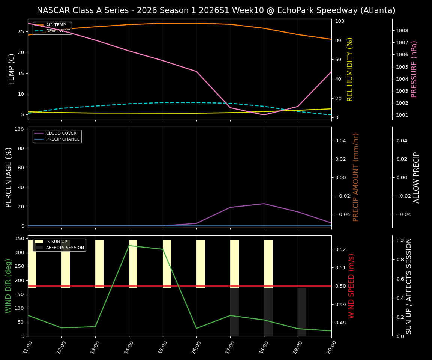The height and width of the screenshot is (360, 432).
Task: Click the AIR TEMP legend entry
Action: (55, 25)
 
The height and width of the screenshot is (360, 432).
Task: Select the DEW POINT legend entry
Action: (58, 31)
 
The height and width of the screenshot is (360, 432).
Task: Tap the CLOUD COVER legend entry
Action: (61, 133)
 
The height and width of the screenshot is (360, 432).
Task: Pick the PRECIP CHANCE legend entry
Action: (63, 139)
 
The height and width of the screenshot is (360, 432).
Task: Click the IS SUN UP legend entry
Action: (56, 242)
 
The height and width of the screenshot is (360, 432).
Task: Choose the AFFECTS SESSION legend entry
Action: (65, 247)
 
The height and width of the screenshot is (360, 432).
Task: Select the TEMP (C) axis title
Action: (12, 69)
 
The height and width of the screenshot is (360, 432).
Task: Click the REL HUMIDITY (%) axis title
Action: (350, 69)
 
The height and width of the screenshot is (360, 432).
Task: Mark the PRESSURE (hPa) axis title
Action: (414, 69)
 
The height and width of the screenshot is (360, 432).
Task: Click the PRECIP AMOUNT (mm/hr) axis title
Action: (356, 177)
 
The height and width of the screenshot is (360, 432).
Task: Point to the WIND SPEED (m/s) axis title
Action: (351, 286)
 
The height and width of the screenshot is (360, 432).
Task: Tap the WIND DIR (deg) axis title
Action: (8, 286)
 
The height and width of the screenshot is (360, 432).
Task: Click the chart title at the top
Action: (216, 10)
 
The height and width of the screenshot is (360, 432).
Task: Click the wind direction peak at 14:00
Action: (129, 246)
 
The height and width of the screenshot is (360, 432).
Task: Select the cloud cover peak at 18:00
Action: (264, 204)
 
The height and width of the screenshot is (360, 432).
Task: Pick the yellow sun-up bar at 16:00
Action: (201, 264)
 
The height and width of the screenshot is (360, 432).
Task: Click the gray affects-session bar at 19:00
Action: (302, 312)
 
